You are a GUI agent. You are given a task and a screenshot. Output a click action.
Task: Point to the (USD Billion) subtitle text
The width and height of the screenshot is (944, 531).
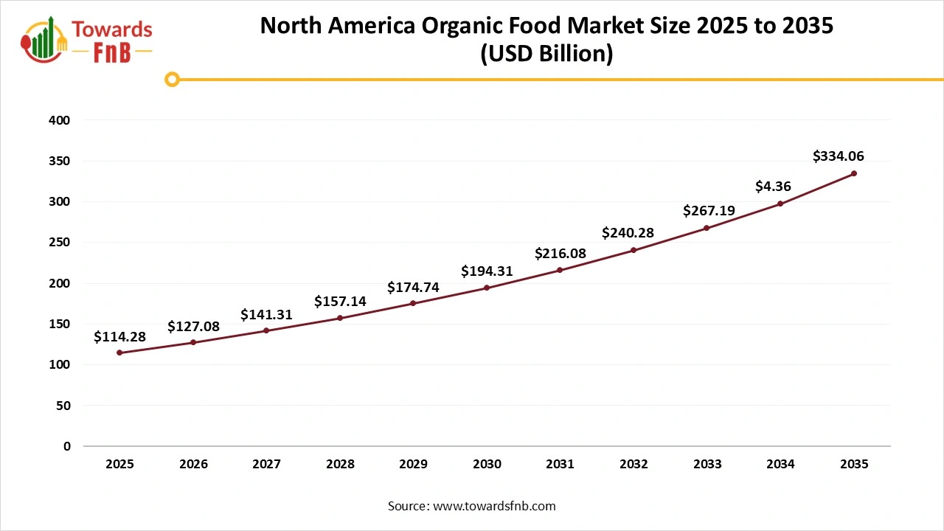[546, 55]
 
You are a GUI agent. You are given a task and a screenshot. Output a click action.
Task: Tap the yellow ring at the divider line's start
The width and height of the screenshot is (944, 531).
[173, 80]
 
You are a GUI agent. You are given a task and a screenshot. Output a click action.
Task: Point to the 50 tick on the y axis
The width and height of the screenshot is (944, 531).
[64, 406]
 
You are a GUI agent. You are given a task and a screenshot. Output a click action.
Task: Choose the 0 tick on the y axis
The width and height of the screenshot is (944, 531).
[67, 446]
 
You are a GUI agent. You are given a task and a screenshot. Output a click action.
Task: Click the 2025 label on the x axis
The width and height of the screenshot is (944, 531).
[119, 465]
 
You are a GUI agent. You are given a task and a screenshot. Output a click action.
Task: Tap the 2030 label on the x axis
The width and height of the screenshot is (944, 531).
[487, 465]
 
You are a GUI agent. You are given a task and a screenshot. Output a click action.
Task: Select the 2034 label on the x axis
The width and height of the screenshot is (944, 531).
[780, 465]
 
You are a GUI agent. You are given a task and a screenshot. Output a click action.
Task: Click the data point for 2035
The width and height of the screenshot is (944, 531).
[854, 173]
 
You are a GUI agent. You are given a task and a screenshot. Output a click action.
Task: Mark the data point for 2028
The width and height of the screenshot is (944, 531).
[340, 318]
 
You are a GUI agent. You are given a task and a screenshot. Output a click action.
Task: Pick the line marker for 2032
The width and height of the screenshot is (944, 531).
[634, 250]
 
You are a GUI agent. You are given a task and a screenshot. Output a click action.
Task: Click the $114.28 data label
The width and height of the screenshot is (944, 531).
[119, 337]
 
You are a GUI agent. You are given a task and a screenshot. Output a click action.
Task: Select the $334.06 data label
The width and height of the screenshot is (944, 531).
[838, 156]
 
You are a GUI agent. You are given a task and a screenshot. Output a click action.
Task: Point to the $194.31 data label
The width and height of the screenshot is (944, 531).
[487, 271]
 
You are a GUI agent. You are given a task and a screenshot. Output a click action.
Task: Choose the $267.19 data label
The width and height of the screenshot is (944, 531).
[708, 211]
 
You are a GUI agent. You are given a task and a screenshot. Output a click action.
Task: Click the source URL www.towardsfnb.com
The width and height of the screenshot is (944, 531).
[493, 506]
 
